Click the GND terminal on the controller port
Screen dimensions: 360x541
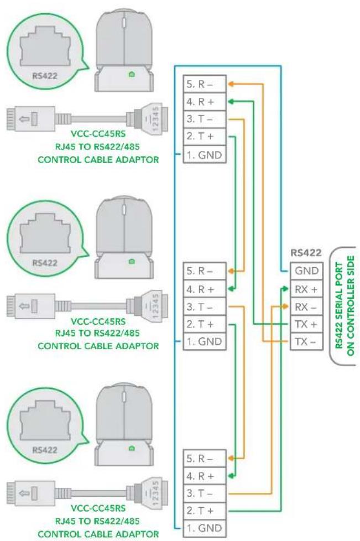coord(306,271)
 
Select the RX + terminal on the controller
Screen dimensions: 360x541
coord(306,289)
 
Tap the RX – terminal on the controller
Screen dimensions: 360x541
coord(306,306)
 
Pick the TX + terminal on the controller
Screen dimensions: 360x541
coord(306,324)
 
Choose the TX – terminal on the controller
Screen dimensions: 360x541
coord(306,341)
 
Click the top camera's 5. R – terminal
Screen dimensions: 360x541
coord(205,84)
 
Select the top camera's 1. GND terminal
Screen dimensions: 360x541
coord(205,154)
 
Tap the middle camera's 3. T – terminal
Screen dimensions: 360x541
coord(205,306)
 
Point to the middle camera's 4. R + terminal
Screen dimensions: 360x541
coord(205,289)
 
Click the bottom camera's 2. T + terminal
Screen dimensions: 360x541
coord(205,511)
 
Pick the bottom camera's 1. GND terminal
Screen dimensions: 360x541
coord(205,528)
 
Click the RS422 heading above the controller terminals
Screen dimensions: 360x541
coord(306,253)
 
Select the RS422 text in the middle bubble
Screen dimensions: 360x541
coord(45,263)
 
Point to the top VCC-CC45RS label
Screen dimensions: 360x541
coord(98,133)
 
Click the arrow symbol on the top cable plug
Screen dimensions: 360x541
coord(24,119)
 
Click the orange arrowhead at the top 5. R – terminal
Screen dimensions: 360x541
coord(231,84)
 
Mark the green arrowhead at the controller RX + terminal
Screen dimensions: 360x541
coord(284,288)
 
